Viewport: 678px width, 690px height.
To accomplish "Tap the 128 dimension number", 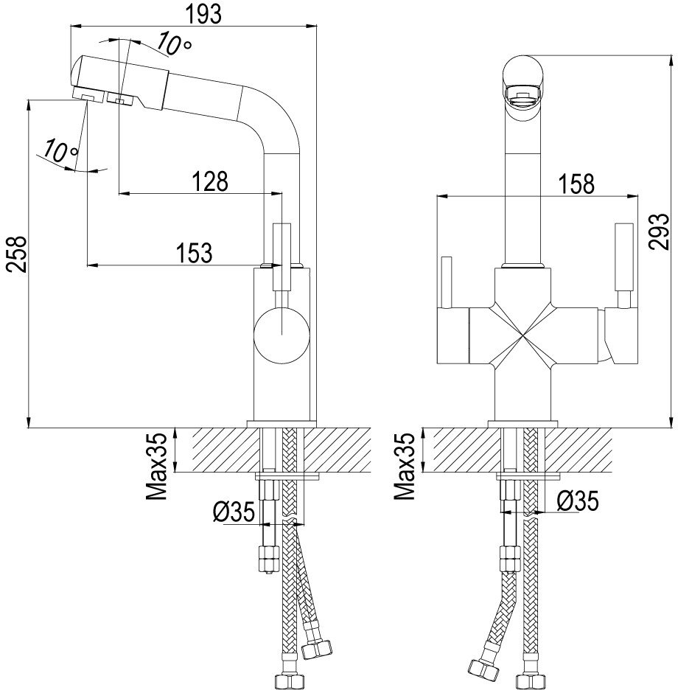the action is click(210, 181).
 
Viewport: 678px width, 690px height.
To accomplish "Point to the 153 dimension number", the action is click(194, 253).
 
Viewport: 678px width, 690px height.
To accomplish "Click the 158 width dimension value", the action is click(576, 184).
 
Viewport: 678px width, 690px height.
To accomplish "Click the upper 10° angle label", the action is click(173, 43).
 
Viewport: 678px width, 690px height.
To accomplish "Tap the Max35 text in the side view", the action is click(157, 467).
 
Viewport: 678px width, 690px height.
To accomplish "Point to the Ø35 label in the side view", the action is click(234, 512).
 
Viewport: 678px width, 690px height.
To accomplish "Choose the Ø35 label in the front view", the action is click(577, 501).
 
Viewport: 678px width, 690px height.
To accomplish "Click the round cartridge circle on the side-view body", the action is click(282, 335).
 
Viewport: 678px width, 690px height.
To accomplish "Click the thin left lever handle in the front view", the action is click(447, 282).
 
